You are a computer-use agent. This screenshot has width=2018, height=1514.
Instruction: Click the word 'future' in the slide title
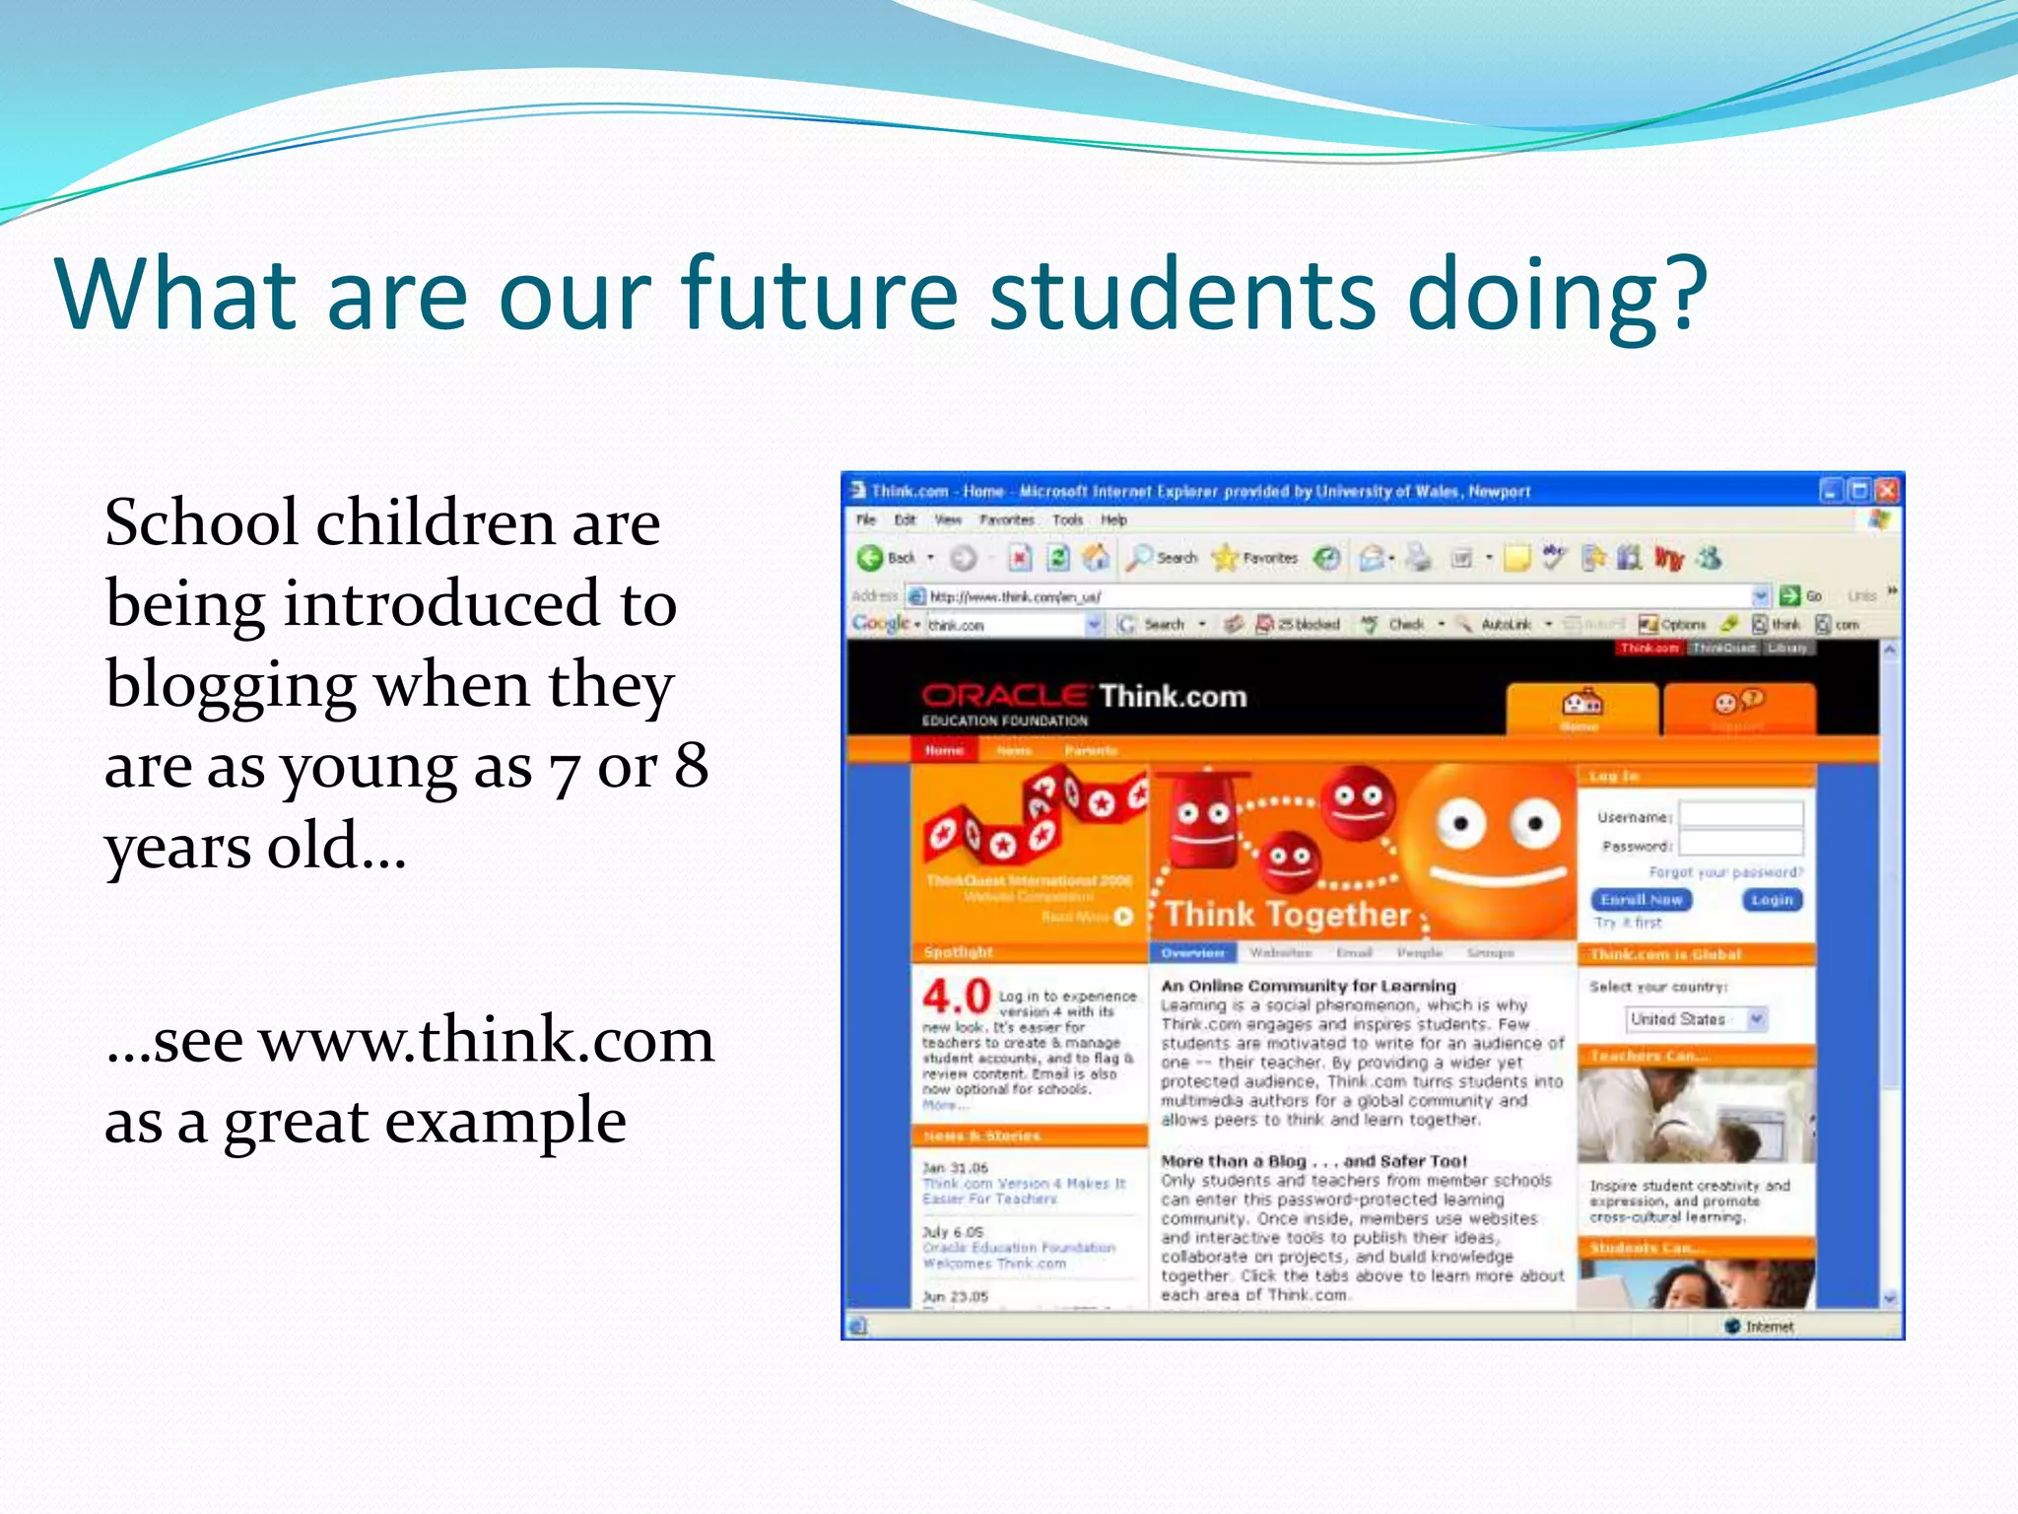[x=818, y=293]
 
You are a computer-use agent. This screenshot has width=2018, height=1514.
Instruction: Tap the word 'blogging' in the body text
[x=231, y=686]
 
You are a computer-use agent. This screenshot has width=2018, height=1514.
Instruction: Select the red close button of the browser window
[x=1886, y=491]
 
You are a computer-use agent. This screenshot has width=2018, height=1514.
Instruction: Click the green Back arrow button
[x=869, y=558]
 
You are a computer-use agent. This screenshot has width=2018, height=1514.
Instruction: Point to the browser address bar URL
[x=1015, y=596]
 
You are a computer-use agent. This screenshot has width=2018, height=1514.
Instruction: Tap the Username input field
[x=1740, y=815]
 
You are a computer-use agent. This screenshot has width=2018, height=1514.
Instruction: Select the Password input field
[x=1740, y=844]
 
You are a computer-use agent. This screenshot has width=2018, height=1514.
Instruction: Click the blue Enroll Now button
[x=1641, y=900]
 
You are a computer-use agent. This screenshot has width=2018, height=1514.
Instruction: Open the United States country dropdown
[x=1696, y=1019]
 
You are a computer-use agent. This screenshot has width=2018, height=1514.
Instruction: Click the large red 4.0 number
[x=956, y=997]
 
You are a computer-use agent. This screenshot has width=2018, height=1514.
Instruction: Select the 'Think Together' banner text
[x=1288, y=915]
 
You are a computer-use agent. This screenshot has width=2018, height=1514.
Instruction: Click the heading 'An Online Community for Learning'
[x=1308, y=986]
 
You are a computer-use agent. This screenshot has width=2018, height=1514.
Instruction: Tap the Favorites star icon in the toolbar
[x=1225, y=558]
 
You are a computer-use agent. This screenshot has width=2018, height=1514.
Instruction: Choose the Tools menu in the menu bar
[x=1067, y=520]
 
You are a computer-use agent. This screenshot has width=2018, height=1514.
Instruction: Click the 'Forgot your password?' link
[x=1725, y=872]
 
